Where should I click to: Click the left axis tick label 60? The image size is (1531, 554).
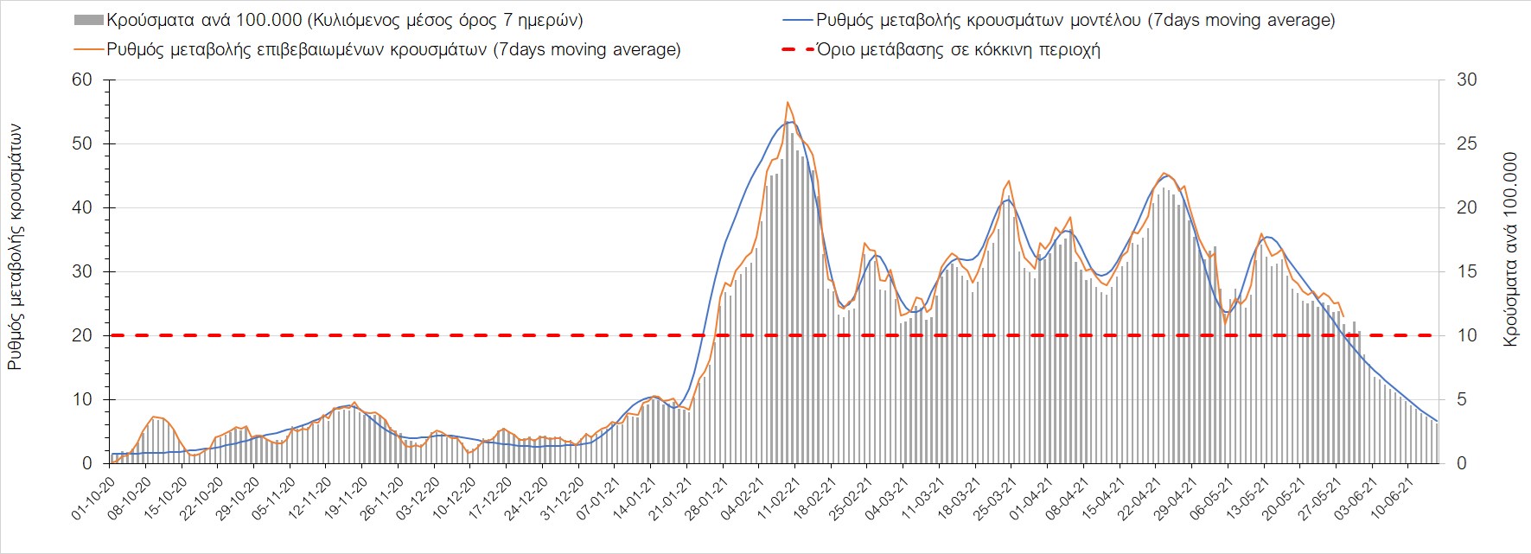(82, 80)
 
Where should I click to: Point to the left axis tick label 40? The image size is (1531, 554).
(82, 207)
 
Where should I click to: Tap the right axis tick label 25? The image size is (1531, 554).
(1467, 143)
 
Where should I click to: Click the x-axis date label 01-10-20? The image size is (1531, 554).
(93, 500)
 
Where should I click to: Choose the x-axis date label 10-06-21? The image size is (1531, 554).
(1394, 500)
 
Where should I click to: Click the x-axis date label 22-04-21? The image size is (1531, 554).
(1140, 500)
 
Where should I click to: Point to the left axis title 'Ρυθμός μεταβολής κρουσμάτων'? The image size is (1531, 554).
(16, 246)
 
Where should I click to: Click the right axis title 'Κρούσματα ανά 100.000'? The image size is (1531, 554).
(1510, 250)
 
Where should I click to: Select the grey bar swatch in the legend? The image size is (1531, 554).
(89, 20)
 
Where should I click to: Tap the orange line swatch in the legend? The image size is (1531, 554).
(89, 49)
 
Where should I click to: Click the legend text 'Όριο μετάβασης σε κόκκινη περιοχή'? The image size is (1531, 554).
(958, 49)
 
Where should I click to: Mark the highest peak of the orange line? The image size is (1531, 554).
(788, 102)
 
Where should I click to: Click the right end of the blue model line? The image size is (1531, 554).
(1437, 421)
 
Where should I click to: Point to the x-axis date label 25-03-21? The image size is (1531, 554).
(995, 500)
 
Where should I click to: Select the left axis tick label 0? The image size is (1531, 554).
(86, 463)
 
